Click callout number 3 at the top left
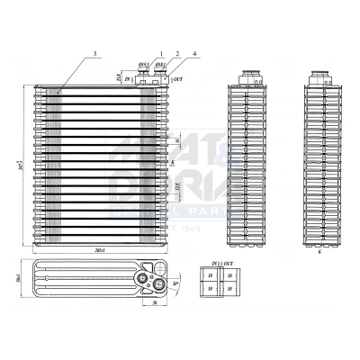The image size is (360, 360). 94,55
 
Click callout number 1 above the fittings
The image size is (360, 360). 161,55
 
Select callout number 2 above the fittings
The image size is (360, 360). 176,55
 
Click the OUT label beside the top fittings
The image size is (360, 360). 177,81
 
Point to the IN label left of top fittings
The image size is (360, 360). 128,81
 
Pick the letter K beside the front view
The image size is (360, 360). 171,162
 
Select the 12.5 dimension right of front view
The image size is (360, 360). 175,187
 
